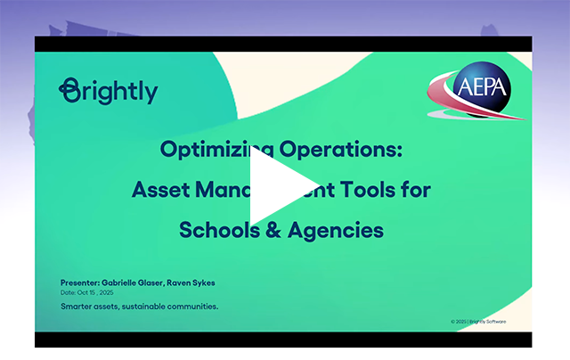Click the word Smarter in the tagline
80,307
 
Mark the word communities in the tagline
200,307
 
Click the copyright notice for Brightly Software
478,320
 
